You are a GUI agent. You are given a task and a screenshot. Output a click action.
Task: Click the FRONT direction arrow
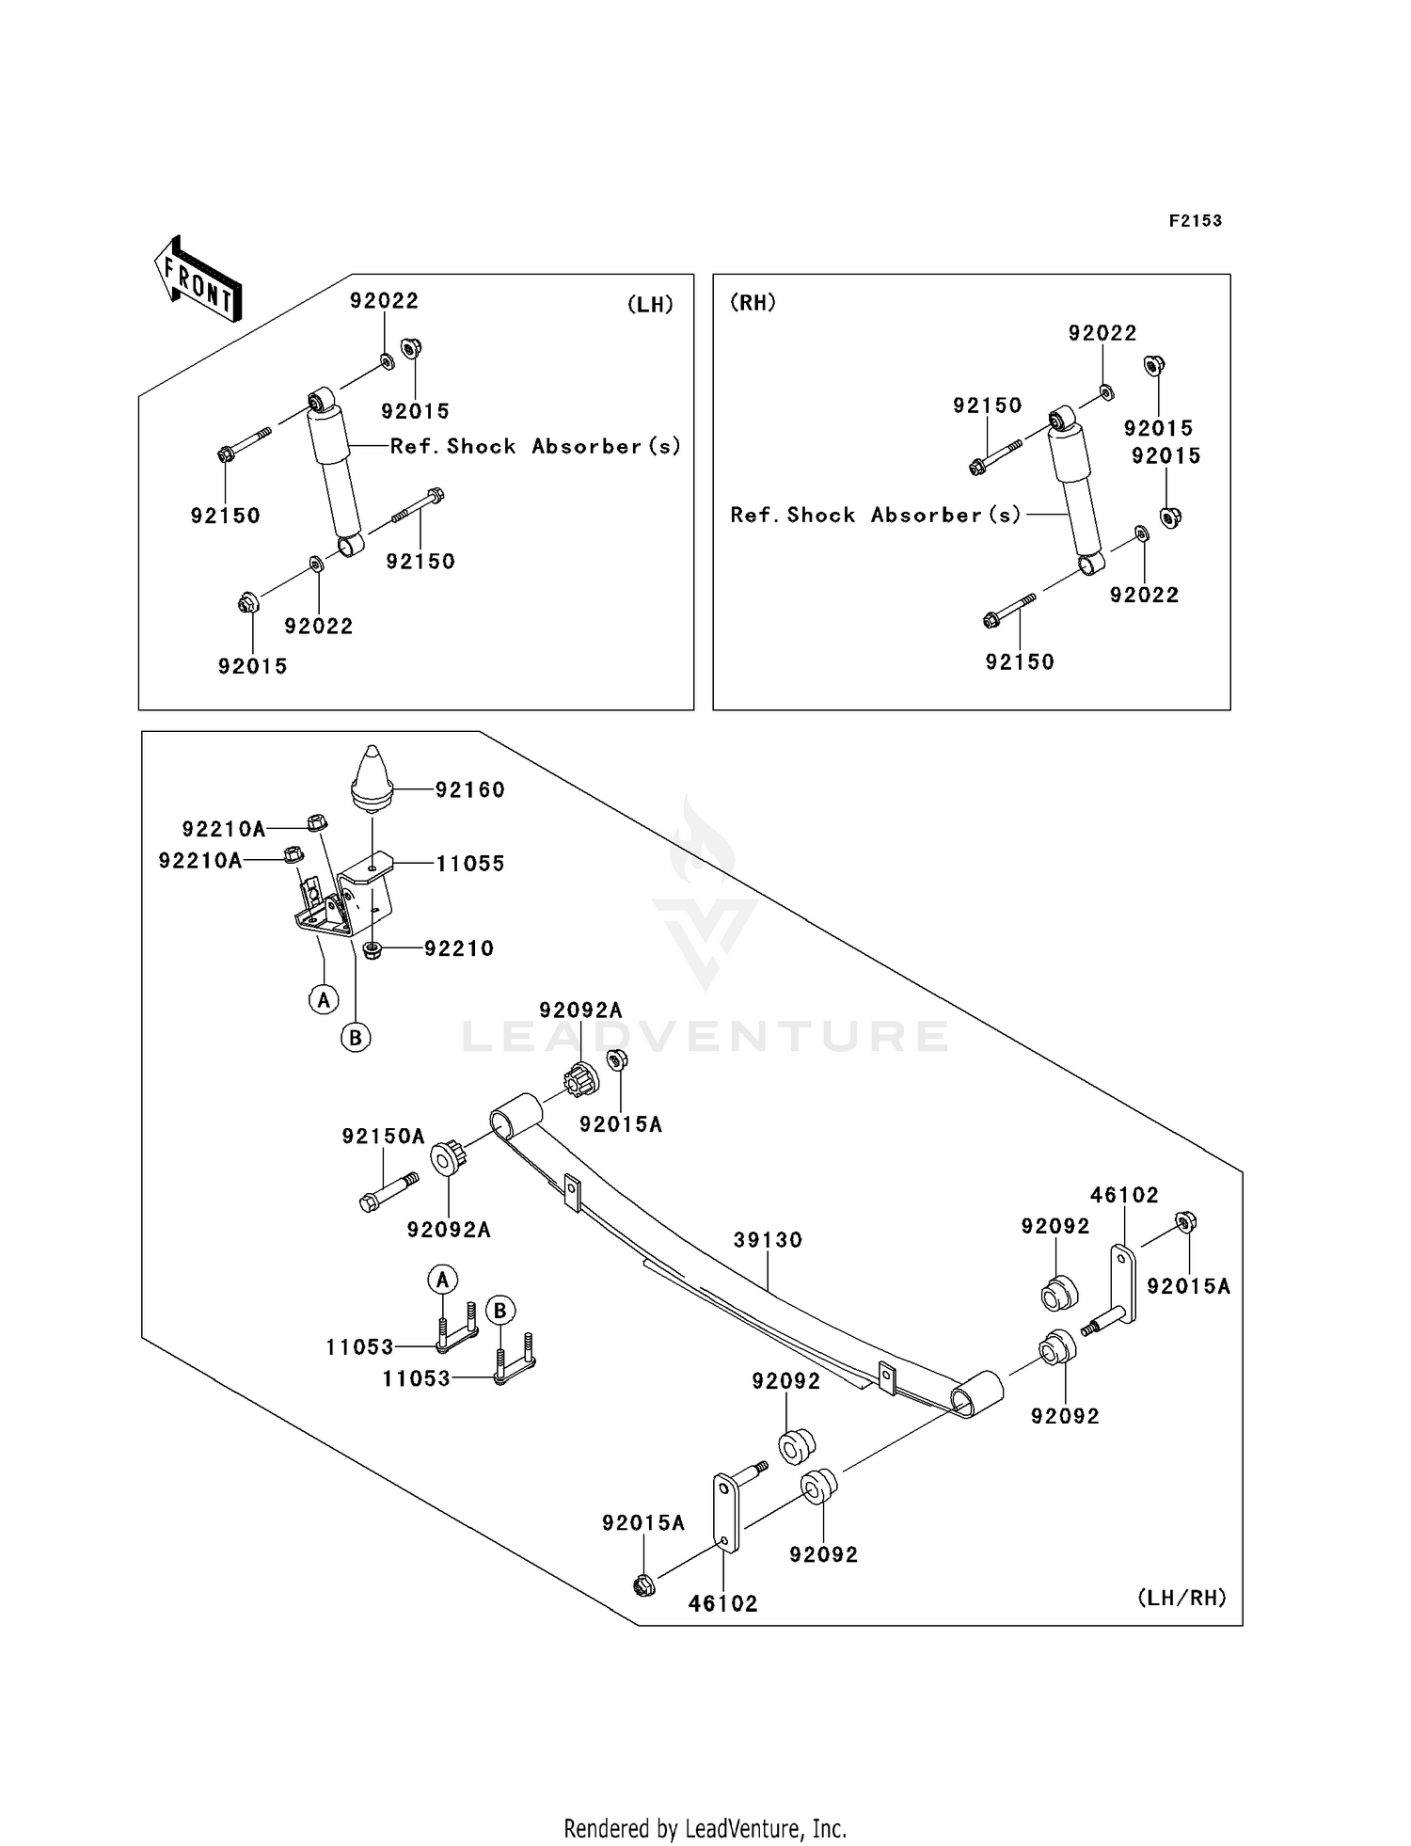[198, 279]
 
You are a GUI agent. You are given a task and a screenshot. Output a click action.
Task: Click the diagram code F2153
[1195, 221]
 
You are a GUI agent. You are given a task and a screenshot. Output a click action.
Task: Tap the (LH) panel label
[650, 305]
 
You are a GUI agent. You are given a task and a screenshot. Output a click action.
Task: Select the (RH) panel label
[753, 303]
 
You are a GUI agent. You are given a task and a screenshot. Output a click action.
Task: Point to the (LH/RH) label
[1181, 1597]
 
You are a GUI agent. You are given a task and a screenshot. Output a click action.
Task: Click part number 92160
[469, 790]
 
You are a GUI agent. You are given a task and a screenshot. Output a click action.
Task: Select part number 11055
[469, 864]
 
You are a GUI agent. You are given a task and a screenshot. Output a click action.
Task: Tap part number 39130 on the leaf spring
[768, 1240]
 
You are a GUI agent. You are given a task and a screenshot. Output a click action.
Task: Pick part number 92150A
[383, 1136]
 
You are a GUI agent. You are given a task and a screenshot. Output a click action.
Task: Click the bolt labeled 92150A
[389, 1190]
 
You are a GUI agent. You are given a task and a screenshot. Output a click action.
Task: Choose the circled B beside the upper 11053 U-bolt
[499, 1310]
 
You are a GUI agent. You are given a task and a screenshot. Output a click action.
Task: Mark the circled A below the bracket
[324, 998]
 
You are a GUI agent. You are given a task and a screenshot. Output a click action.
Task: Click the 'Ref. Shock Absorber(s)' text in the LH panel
[535, 446]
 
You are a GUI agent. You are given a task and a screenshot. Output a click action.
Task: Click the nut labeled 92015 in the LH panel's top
[411, 348]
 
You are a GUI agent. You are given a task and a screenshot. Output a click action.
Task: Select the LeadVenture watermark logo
[705, 922]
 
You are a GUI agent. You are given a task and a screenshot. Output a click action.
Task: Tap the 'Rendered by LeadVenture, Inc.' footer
[705, 1828]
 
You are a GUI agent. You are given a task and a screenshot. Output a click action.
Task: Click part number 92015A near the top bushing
[621, 1124]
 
